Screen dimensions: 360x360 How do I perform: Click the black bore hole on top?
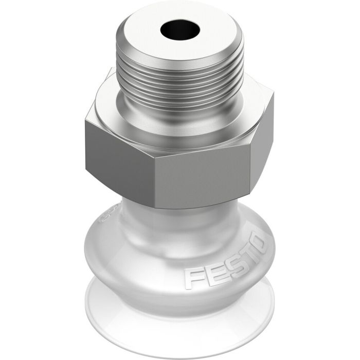point(178,31)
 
